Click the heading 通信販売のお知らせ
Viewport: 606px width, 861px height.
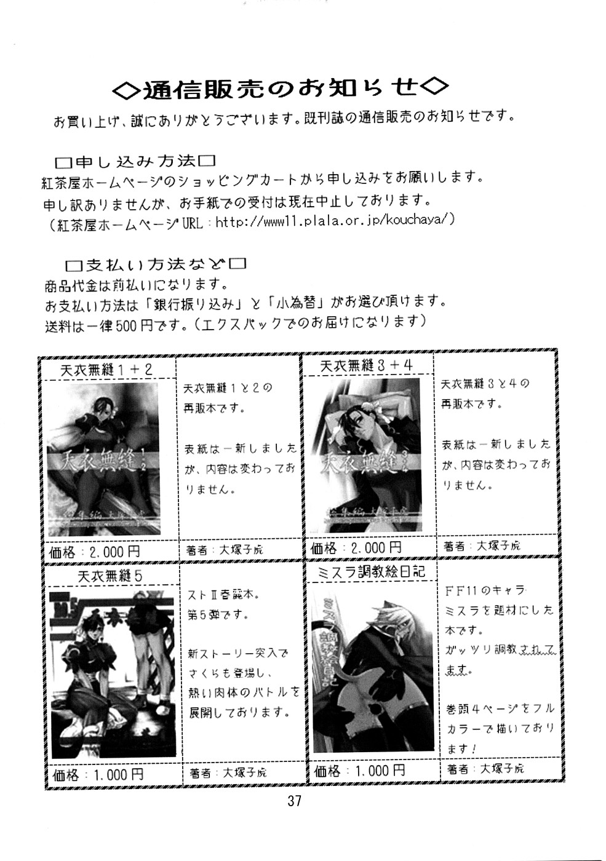click(280, 89)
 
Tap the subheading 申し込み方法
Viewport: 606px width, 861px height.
click(135, 162)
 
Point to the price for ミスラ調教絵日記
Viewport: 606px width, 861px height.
click(360, 770)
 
